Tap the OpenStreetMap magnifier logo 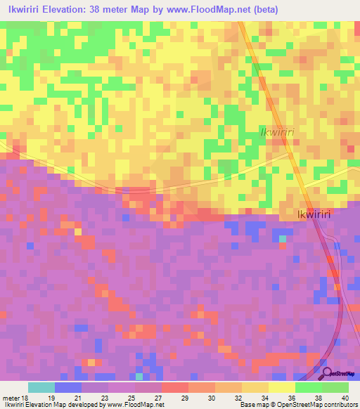326,372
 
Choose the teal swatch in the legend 41,387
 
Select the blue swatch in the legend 68,387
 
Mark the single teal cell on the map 283,239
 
